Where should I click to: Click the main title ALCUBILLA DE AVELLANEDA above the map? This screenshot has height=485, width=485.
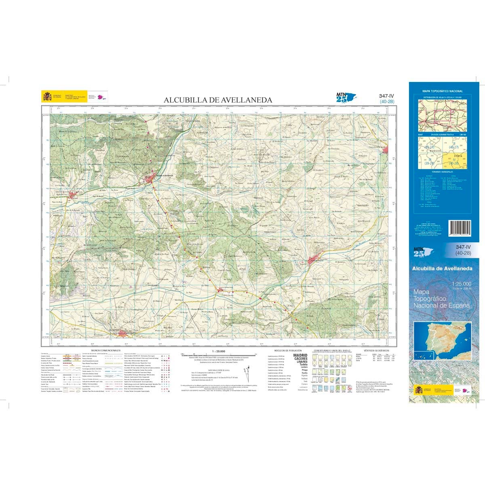pos(217,100)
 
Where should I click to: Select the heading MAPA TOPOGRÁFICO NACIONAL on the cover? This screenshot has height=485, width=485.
pos(443,91)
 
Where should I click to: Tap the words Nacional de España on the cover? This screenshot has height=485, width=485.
pos(442,306)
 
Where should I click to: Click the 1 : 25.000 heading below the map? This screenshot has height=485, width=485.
pos(217,350)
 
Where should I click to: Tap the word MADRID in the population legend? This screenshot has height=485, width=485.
pos(300,355)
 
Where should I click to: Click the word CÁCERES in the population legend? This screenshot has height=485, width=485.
pos(300,359)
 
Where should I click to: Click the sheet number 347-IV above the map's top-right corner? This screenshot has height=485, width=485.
pos(386,96)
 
